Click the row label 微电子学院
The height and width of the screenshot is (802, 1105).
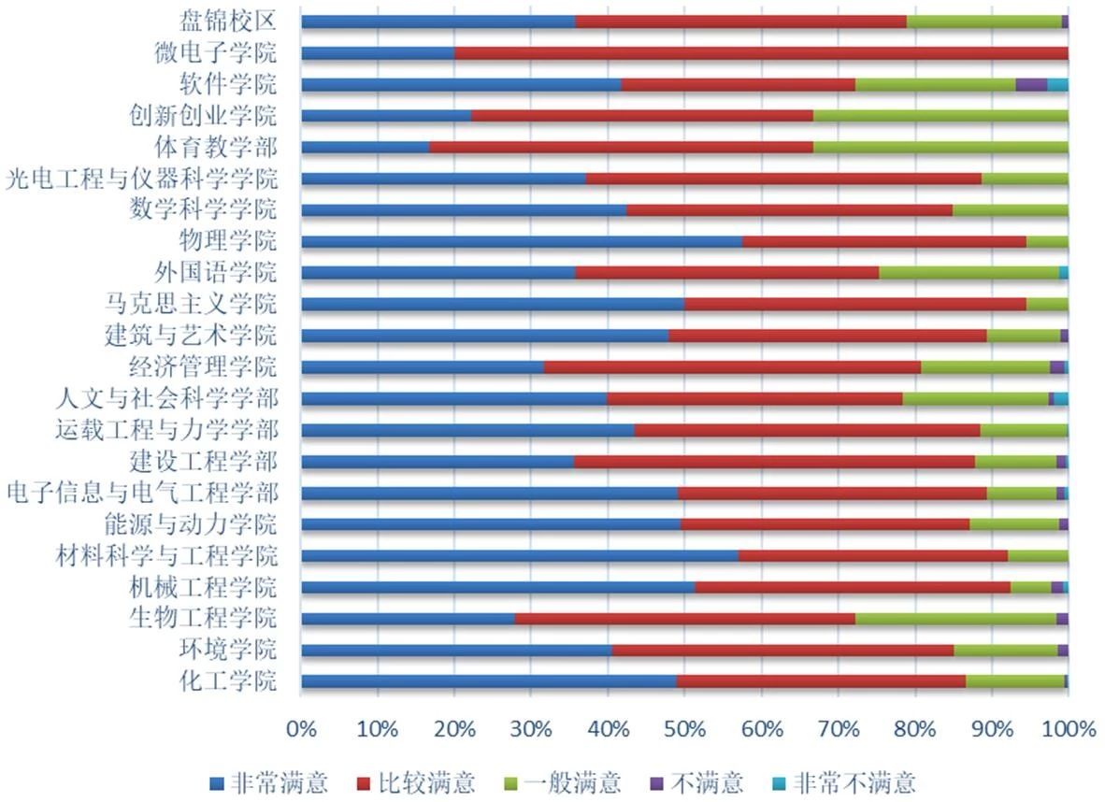216,52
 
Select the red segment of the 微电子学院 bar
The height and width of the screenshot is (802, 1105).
761,52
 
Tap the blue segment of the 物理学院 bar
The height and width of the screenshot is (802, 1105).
522,241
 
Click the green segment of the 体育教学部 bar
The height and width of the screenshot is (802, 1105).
940,147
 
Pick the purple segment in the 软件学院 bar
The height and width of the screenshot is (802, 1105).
1030,84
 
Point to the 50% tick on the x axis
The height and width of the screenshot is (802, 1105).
684,728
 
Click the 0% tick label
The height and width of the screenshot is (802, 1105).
301,728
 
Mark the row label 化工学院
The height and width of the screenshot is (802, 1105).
228,680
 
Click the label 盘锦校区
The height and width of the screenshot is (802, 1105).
228,21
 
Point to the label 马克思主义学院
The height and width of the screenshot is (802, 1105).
192,304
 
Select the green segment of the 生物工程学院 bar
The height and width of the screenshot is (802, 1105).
955,618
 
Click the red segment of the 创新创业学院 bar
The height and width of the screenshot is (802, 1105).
642,115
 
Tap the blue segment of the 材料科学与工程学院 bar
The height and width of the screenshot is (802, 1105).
520,555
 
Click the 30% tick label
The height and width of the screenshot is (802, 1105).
530,728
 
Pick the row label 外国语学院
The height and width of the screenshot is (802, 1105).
216,272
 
